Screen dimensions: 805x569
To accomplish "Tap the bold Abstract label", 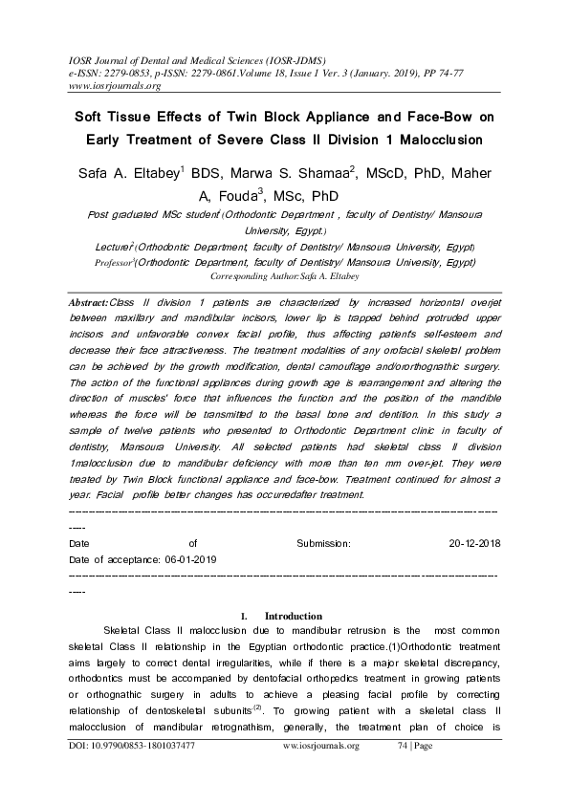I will (x=91, y=301).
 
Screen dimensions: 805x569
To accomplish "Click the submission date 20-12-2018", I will (x=474, y=542).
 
